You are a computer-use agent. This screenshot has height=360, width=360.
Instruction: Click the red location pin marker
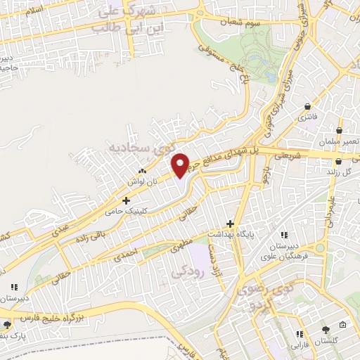coord(180,165)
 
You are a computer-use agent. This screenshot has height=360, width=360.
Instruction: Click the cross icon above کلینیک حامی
coord(126,200)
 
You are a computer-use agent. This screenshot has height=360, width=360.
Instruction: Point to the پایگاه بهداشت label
coord(229,232)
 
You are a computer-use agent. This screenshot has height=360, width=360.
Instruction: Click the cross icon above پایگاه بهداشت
coord(230,222)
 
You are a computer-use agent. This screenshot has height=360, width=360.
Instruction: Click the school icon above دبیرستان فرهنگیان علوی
coord(283,235)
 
